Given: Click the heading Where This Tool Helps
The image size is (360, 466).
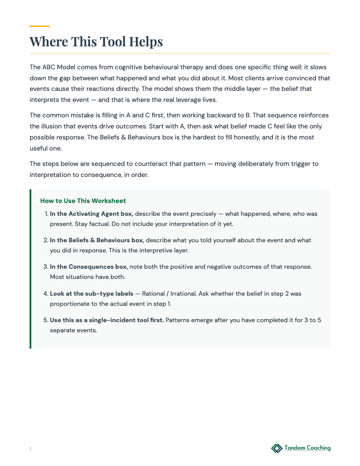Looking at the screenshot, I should pos(96,41).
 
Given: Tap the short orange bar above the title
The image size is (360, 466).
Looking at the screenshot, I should pos(39,26).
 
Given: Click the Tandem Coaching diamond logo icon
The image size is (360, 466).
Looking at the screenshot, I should pos(277,448).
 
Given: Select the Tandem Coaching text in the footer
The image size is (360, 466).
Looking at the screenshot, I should pos(307,448).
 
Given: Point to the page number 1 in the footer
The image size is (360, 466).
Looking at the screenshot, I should pos(30,449).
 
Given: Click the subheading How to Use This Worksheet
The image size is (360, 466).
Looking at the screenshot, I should pos(83,201).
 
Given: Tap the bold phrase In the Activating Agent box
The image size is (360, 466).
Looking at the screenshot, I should pos(91,214).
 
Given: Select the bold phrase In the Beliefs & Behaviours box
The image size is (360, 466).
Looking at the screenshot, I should pos(97,240).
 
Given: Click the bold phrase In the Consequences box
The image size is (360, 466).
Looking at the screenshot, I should pos(89,267).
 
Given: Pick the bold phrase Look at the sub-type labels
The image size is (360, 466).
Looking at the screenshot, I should pos(91,293).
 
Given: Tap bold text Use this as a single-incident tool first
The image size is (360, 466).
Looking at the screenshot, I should pos(107,319).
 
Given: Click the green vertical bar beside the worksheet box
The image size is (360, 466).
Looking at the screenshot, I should pos(30,269).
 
